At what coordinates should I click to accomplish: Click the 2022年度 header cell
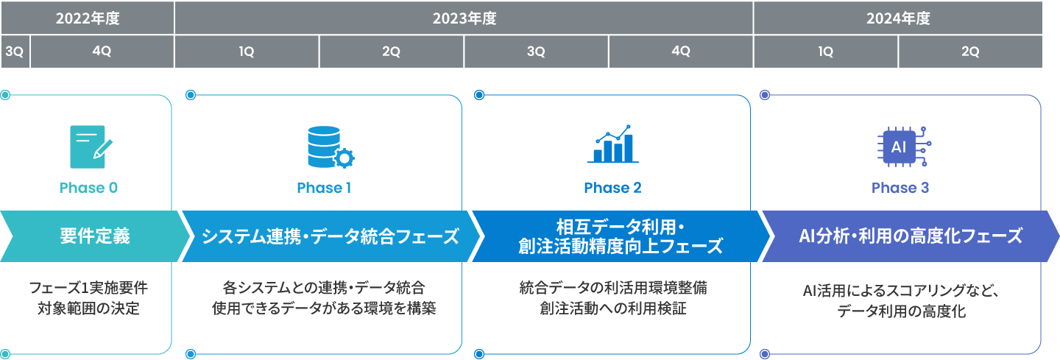point(88,18)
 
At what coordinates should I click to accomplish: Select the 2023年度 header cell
point(464,18)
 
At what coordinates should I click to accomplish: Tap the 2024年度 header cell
point(898,18)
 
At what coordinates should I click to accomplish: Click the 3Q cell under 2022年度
point(15,52)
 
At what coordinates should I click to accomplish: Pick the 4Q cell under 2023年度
point(680,52)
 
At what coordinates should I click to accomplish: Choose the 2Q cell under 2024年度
point(970,52)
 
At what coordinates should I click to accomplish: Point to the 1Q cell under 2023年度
point(247,52)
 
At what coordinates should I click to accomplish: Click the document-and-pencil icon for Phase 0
point(91,147)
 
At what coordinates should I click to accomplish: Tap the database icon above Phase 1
point(331,147)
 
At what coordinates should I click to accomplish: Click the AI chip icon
point(904,147)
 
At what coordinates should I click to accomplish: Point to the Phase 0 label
point(88,188)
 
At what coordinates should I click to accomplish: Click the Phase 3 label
point(900,188)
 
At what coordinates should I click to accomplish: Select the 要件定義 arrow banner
point(95,236)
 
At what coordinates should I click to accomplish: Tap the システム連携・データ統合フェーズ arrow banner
point(331,236)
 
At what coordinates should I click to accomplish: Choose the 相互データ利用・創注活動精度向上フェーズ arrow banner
point(621,236)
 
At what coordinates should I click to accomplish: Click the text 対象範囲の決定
point(88,308)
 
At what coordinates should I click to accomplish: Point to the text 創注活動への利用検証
point(612,308)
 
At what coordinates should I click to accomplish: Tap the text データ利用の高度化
point(901,311)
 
